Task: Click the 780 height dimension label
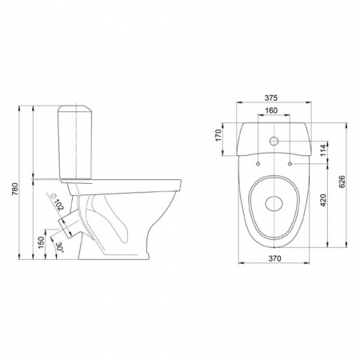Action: point(16,189)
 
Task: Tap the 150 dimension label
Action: point(41,242)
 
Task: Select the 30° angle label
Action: point(60,246)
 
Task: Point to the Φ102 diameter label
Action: point(57,202)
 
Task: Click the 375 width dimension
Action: point(271,98)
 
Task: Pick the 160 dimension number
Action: point(271,110)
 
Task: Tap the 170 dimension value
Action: point(218,135)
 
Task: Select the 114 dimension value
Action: point(323,150)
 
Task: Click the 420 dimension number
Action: point(323,200)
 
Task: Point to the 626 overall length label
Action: point(342,182)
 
